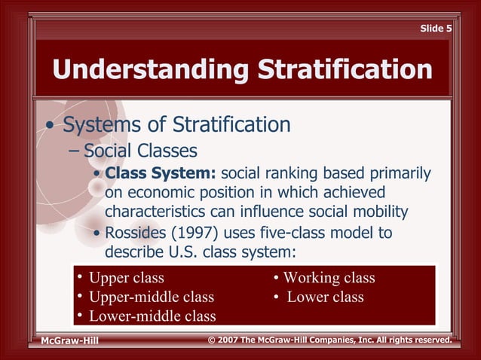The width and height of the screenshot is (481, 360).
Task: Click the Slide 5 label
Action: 436,29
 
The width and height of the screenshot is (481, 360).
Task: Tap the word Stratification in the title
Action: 345,70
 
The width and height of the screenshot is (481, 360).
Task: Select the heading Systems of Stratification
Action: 176,124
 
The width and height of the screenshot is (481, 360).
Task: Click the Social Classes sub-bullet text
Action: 140,151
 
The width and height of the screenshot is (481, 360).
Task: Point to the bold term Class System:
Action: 161,174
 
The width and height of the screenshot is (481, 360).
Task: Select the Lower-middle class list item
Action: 152,316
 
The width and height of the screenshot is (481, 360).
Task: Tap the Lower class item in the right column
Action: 325,297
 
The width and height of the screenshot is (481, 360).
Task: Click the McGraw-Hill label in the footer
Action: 69,341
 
